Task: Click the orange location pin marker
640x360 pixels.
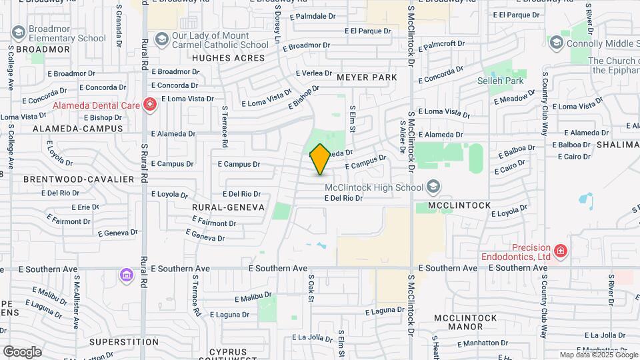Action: (320, 159)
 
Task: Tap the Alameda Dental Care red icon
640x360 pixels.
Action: (150, 104)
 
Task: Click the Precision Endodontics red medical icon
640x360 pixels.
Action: (561, 251)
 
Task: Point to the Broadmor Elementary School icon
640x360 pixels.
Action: (18, 32)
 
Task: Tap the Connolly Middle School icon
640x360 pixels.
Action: (555, 43)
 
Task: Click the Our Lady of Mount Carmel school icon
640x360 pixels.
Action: (161, 39)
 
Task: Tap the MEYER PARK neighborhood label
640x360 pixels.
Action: (367, 77)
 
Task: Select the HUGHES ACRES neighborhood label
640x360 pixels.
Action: (219, 58)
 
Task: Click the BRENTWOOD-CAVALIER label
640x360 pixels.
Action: (79, 179)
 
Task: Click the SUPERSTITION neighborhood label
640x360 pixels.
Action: (123, 342)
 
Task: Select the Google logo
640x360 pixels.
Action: (22, 351)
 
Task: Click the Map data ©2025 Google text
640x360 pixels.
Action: (598, 355)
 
